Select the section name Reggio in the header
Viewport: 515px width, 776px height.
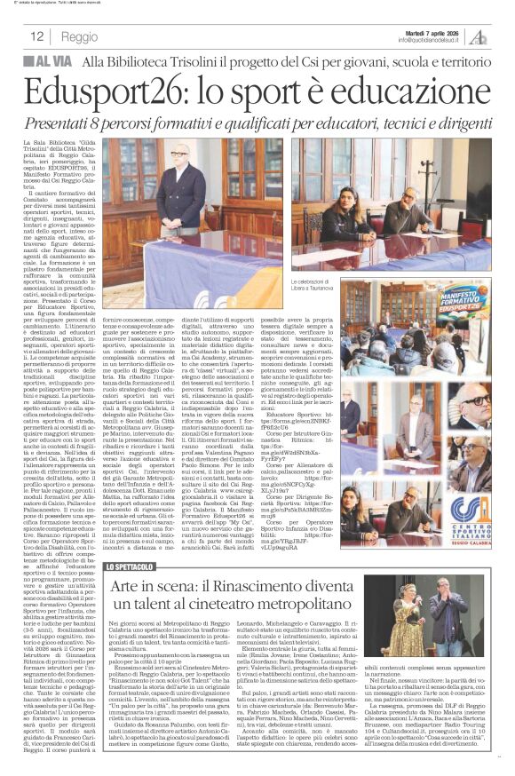tap(80, 36)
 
